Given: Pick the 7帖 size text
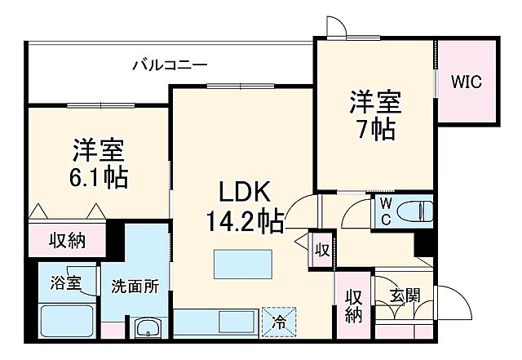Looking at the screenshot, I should pyautogui.click(x=376, y=129).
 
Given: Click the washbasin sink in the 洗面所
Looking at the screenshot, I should pyautogui.click(x=148, y=328).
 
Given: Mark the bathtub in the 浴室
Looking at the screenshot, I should pyautogui.click(x=66, y=321).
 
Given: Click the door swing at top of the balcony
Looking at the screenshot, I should pyautogui.click(x=334, y=26).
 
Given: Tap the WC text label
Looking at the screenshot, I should pyautogui.click(x=384, y=211).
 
